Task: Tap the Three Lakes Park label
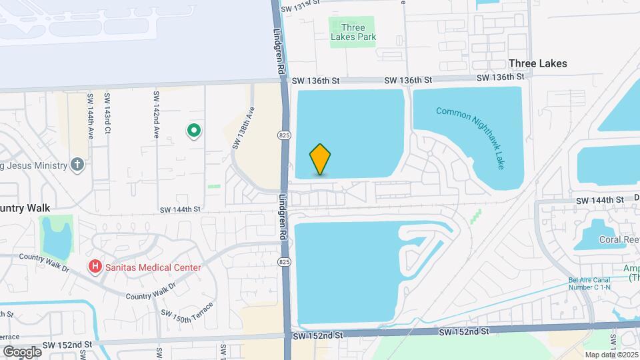click(x=353, y=32)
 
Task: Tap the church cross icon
click(x=77, y=165)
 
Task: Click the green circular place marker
click(x=193, y=131)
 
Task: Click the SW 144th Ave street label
click(x=91, y=115)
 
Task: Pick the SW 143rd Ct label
click(x=107, y=115)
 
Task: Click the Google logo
click(x=22, y=351)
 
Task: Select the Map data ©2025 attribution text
click(x=611, y=355)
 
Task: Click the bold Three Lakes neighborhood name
click(x=537, y=63)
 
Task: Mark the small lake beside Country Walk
click(x=56, y=237)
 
